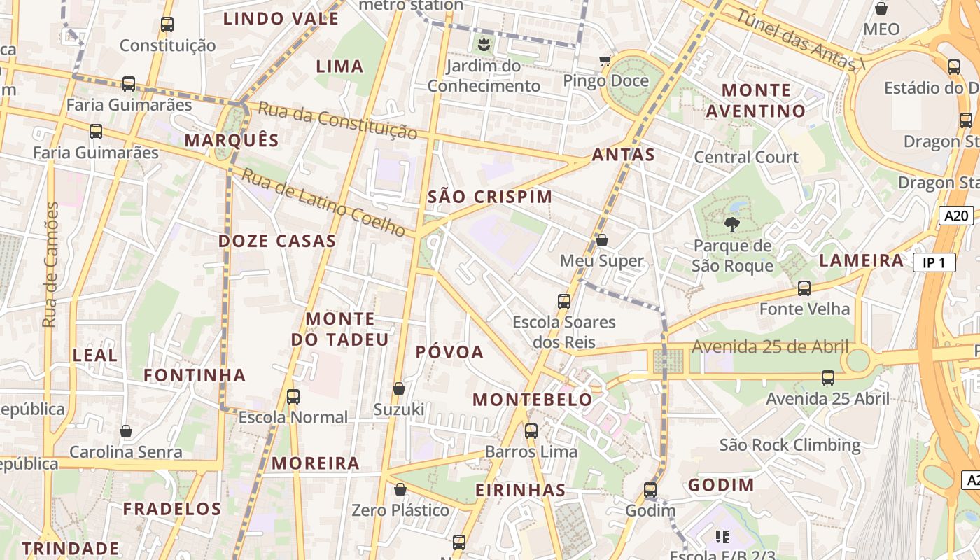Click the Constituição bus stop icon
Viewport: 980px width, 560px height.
click(167, 24)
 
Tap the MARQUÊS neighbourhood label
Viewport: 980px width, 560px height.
click(232, 140)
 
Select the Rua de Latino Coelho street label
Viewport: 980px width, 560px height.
click(323, 202)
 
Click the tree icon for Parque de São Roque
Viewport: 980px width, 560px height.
click(732, 225)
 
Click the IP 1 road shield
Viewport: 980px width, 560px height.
click(934, 263)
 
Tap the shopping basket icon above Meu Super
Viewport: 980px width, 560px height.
click(601, 241)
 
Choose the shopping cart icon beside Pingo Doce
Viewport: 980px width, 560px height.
click(605, 61)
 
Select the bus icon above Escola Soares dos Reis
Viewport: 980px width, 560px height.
click(564, 302)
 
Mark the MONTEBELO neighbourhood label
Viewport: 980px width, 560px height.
click(533, 400)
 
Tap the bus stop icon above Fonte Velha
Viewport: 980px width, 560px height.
click(804, 288)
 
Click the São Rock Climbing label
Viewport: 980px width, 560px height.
click(790, 445)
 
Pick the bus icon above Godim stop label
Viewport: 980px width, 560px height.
click(650, 490)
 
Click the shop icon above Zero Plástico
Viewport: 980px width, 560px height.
click(400, 489)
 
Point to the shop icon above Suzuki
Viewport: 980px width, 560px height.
click(399, 388)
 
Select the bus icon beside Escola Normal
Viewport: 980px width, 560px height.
click(293, 397)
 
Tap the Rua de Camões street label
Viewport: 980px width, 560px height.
click(50, 265)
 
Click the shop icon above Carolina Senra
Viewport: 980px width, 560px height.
click(126, 431)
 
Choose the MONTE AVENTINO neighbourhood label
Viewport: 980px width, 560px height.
click(756, 101)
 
